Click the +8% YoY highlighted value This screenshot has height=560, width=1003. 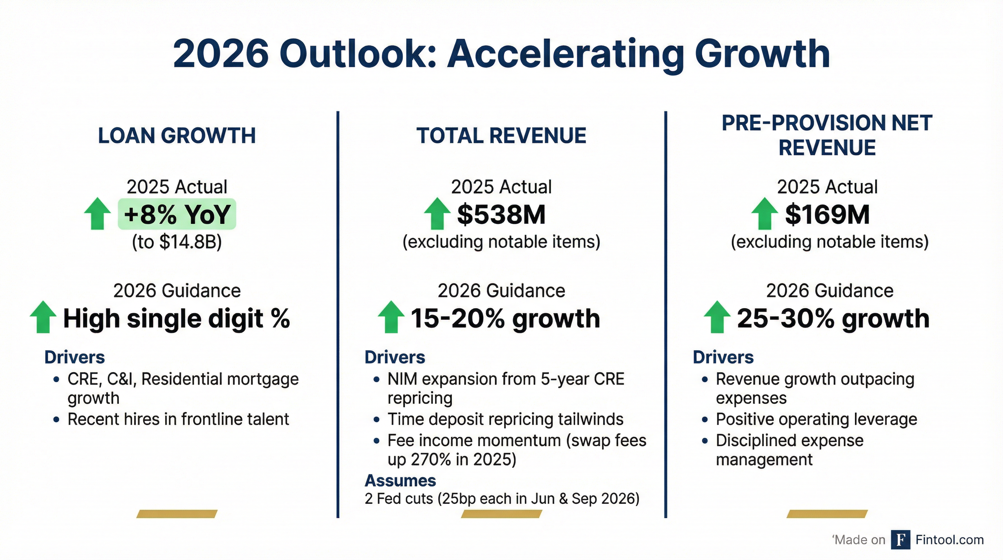pos(177,214)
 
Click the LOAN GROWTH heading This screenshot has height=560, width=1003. pos(177,136)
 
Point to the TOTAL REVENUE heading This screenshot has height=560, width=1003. pos(501,136)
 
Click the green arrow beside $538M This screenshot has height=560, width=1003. pos(437,213)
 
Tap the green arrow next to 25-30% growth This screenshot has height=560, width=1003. pos(717,317)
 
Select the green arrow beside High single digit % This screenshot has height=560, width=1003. pos(43,317)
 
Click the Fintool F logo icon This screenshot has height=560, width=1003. pos(900,540)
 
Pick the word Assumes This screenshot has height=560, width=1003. pos(400,481)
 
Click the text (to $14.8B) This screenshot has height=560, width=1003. pos(177,242)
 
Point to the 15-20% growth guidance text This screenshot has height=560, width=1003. pos(505,319)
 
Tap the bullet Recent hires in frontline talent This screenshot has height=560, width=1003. pos(178,419)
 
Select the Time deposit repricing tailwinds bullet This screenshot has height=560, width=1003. pos(505,419)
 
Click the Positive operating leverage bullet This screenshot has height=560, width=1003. pos(816,419)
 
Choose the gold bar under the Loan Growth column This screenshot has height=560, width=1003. pos(177,514)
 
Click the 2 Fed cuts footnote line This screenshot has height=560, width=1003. pos(502,498)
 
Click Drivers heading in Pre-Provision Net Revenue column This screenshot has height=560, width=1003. pos(723,357)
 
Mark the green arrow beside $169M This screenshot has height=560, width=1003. pos(764,213)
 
